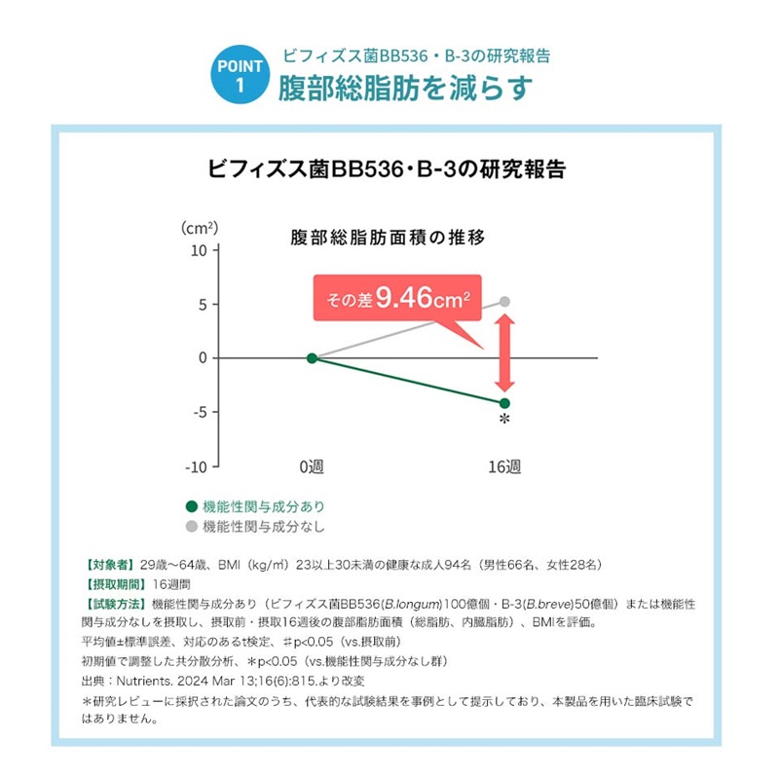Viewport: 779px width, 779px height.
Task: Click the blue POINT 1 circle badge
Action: coord(239,75)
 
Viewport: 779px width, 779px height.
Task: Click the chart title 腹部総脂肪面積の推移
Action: coord(389,237)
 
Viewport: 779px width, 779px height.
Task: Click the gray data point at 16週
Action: coord(504,302)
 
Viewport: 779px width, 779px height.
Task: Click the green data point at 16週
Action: coord(504,403)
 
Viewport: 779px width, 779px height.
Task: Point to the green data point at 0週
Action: coord(312,357)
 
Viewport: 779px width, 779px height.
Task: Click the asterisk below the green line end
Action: coord(504,421)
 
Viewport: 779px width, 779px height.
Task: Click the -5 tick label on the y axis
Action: coord(198,412)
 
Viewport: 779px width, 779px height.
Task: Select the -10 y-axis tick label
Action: coord(195,466)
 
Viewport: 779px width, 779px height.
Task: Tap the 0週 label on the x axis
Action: coord(312,467)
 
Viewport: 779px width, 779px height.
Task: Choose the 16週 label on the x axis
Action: coord(504,467)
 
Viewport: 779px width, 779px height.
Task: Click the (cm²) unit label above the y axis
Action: coord(200,228)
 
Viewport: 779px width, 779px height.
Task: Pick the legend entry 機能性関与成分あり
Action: coord(255,506)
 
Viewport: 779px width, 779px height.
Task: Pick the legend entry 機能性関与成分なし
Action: coord(255,527)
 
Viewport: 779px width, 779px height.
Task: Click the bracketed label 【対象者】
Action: coord(110,565)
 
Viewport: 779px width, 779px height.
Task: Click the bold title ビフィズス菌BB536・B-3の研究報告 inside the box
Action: coord(388,167)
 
